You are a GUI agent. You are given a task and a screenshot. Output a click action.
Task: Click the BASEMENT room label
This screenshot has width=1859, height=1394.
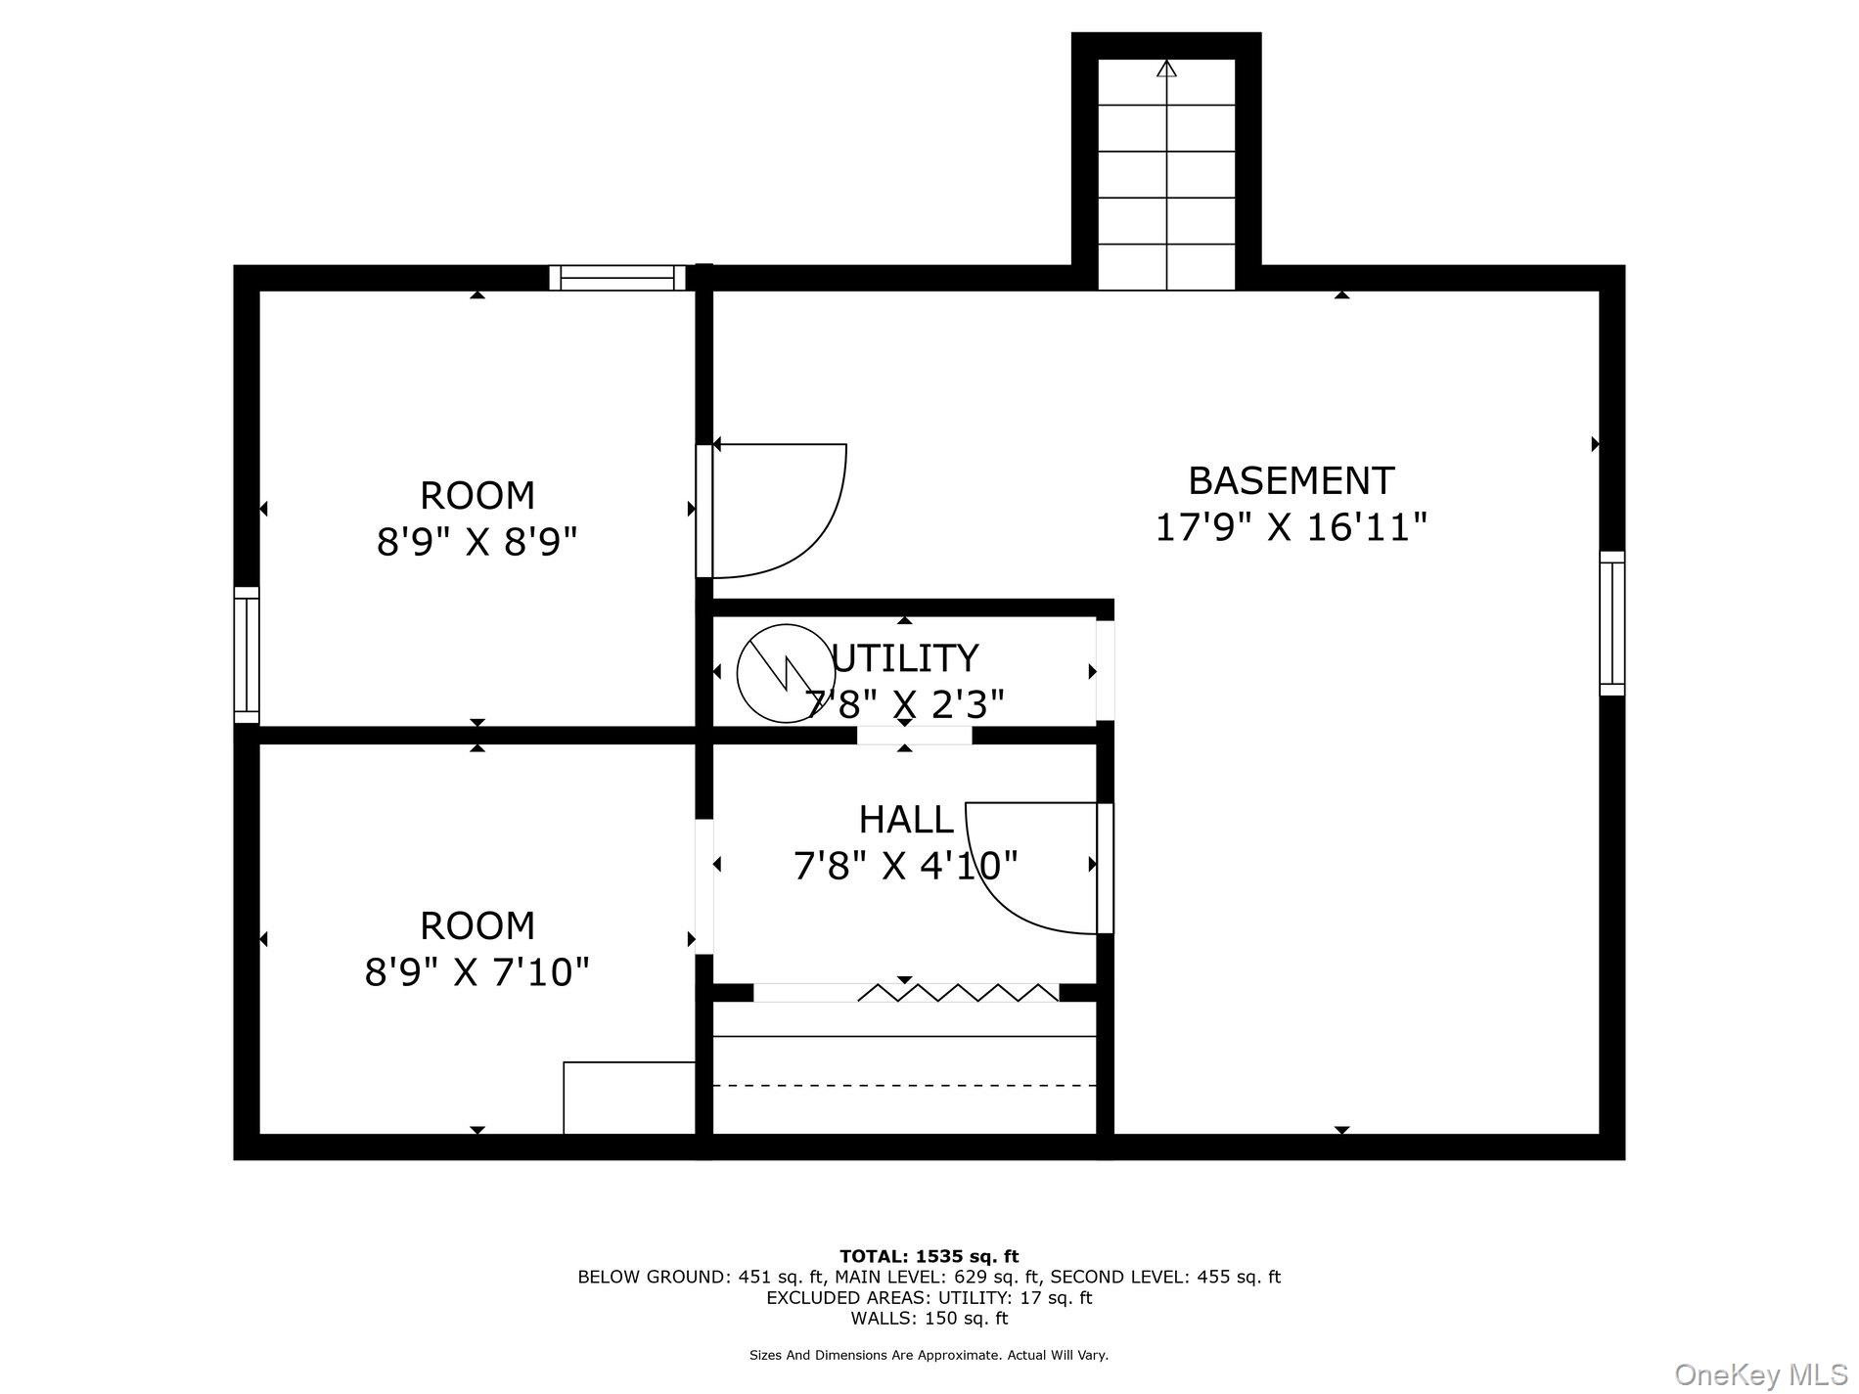[x=1291, y=481]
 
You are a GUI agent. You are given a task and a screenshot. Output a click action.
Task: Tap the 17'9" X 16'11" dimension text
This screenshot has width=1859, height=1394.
[x=1291, y=527]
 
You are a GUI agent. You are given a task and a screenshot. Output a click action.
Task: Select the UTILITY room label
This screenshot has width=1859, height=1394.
[x=905, y=658]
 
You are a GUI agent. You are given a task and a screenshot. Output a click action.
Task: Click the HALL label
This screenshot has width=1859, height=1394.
[x=906, y=820]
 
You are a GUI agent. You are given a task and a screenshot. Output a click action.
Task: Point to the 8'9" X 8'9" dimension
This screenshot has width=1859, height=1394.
[x=477, y=541]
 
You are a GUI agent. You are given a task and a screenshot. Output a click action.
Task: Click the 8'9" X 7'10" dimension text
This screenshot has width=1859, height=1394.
[x=477, y=972]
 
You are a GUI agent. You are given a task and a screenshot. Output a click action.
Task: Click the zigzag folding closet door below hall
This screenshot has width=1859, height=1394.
[x=959, y=993]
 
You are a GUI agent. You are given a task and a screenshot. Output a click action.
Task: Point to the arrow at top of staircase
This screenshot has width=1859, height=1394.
[x=1166, y=68]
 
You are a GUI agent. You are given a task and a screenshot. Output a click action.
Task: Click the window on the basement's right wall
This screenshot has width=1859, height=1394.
[x=1611, y=623]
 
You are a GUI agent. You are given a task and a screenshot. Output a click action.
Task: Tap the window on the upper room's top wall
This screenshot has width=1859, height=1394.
[x=617, y=278]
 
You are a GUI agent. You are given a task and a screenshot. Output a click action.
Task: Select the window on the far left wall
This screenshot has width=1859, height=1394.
[x=247, y=654]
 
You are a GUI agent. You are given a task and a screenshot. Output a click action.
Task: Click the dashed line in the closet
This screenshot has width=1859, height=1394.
[x=905, y=1085]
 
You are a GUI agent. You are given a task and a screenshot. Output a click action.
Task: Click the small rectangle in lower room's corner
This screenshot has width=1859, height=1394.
[x=629, y=1098]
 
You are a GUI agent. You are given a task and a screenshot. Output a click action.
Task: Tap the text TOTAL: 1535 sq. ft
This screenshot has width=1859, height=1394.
[x=929, y=1256]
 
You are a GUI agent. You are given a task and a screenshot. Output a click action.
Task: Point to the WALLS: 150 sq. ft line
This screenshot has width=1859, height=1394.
[x=929, y=1319]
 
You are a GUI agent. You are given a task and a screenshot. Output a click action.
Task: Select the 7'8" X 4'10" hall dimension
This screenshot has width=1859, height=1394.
[x=906, y=866]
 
